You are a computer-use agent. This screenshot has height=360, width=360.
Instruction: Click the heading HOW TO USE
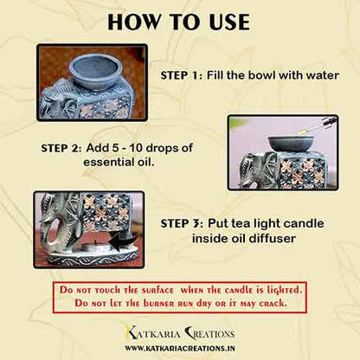[180, 22]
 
